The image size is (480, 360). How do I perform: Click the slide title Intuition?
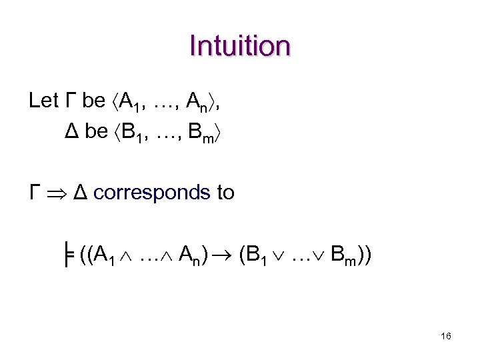[x=240, y=47]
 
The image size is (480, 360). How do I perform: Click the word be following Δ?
[x=97, y=132]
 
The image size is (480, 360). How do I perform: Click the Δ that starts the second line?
[x=73, y=132]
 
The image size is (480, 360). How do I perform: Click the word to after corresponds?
[x=225, y=193]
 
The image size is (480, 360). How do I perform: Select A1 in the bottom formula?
[x=105, y=255]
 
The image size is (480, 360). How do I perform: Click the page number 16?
[x=445, y=337]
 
